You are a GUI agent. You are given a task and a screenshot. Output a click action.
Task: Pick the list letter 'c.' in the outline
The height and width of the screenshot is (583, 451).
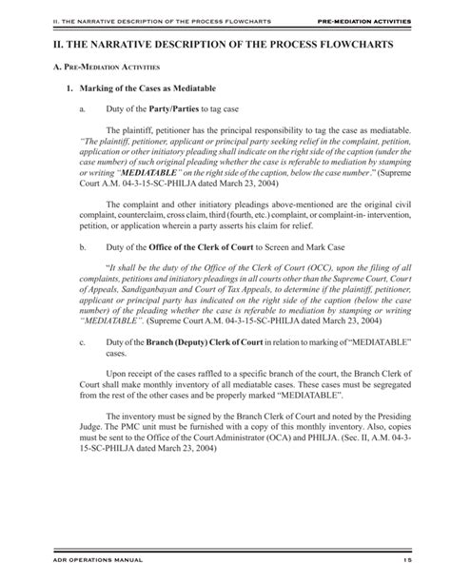[x=87, y=341]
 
